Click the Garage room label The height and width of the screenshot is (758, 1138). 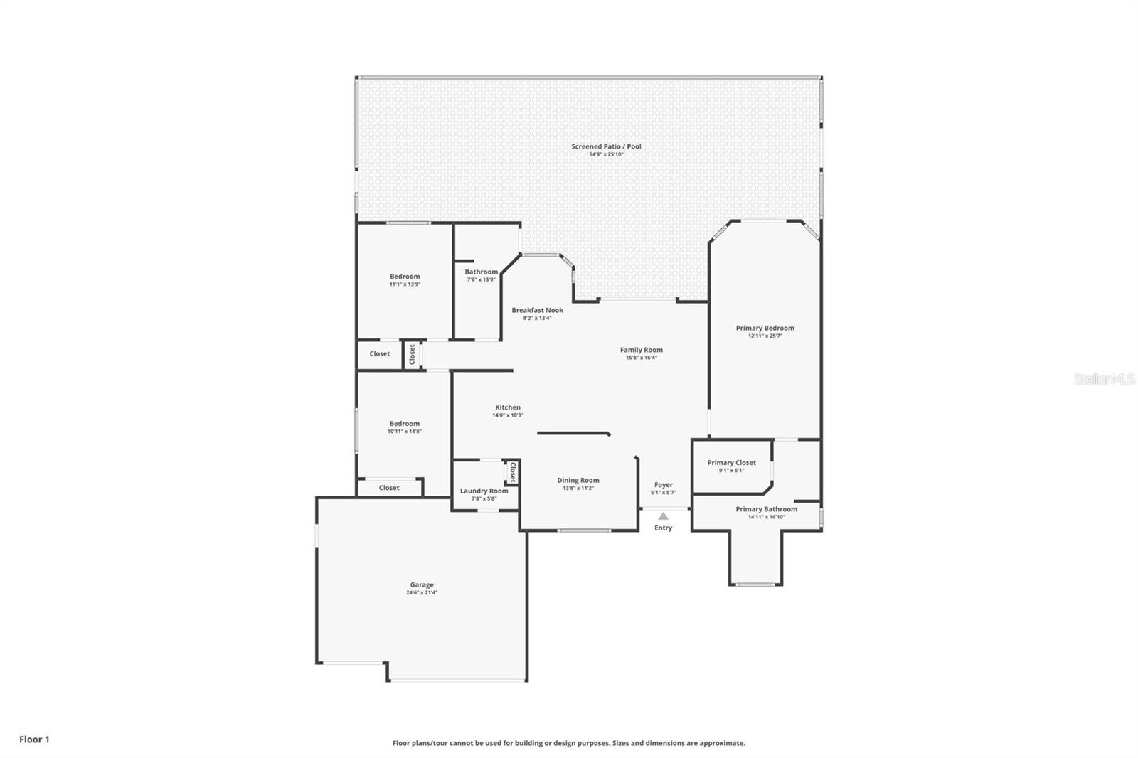(421, 584)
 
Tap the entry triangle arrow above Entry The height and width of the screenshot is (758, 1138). (663, 516)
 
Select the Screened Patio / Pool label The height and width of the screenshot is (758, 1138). (606, 146)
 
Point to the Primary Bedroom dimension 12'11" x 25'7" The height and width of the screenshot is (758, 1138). (765, 336)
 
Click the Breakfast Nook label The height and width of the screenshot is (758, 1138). (537, 310)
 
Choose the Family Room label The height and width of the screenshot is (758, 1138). (641, 350)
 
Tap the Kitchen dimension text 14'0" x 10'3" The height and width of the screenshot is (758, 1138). (508, 415)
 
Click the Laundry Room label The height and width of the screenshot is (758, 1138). (484, 491)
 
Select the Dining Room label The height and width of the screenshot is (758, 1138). (578, 480)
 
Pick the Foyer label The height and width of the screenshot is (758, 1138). (663, 485)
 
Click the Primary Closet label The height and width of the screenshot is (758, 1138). (731, 462)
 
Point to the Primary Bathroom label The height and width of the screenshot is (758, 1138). (766, 509)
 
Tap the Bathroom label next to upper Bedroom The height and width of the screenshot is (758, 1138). (481, 272)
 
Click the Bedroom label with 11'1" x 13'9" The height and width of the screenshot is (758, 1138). (405, 277)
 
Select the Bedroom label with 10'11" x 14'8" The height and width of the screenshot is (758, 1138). (404, 423)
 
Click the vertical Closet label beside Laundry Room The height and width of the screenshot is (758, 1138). (511, 472)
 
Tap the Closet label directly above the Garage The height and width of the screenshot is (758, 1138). (389, 488)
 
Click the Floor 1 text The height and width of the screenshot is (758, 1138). (34, 740)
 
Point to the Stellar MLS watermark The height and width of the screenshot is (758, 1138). (1104, 380)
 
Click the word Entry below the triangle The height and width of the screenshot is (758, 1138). (663, 528)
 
